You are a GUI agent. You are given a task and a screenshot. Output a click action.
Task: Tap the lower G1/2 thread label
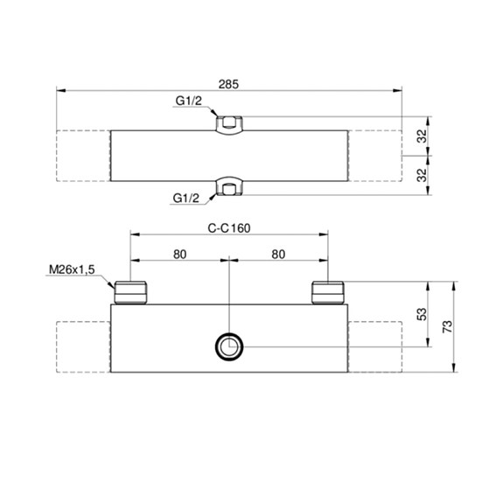pos(186,198)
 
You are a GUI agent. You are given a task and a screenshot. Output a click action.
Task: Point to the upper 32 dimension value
pos(421,136)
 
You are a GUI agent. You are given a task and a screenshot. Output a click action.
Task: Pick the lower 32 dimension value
pos(421,174)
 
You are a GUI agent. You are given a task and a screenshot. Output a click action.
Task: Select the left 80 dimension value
pos(179,255)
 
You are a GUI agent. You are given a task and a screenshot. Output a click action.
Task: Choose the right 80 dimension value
pos(278,255)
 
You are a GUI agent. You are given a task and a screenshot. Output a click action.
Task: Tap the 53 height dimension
pos(422,314)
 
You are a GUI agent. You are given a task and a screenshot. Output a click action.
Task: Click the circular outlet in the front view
pos(230,347)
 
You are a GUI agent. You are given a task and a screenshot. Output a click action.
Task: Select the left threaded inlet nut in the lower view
pos(131,291)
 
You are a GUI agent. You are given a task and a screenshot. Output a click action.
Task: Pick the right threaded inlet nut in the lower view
pos(327,291)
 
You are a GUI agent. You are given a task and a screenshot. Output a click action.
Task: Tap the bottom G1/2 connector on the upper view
pos(229,186)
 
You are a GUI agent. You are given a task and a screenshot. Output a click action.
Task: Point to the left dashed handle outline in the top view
pos(83,155)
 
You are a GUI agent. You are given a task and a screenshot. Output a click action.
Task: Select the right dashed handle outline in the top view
pos(376,155)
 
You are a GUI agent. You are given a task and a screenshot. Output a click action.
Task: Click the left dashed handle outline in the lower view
pos(83,347)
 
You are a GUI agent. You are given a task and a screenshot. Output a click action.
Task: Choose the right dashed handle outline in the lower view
pos(376,347)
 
